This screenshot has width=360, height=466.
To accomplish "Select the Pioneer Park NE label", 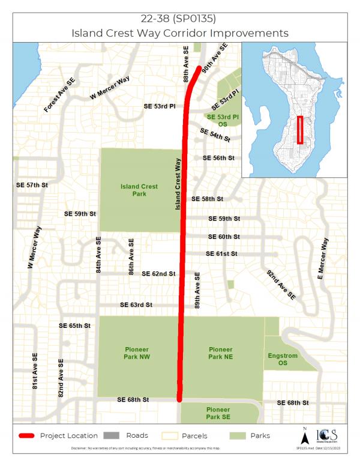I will click(220, 353).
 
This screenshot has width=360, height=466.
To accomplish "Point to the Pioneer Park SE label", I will click(220, 413).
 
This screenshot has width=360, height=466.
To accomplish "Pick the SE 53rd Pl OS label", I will click(223, 120).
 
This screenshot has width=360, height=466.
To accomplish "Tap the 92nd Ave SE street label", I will click(281, 285).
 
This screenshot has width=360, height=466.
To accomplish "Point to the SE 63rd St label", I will click(136, 305).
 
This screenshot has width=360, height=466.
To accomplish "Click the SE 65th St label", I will click(74, 325).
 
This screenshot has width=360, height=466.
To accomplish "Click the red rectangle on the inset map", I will click(300, 130).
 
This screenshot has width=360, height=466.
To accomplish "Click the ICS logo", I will click(325, 435).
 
